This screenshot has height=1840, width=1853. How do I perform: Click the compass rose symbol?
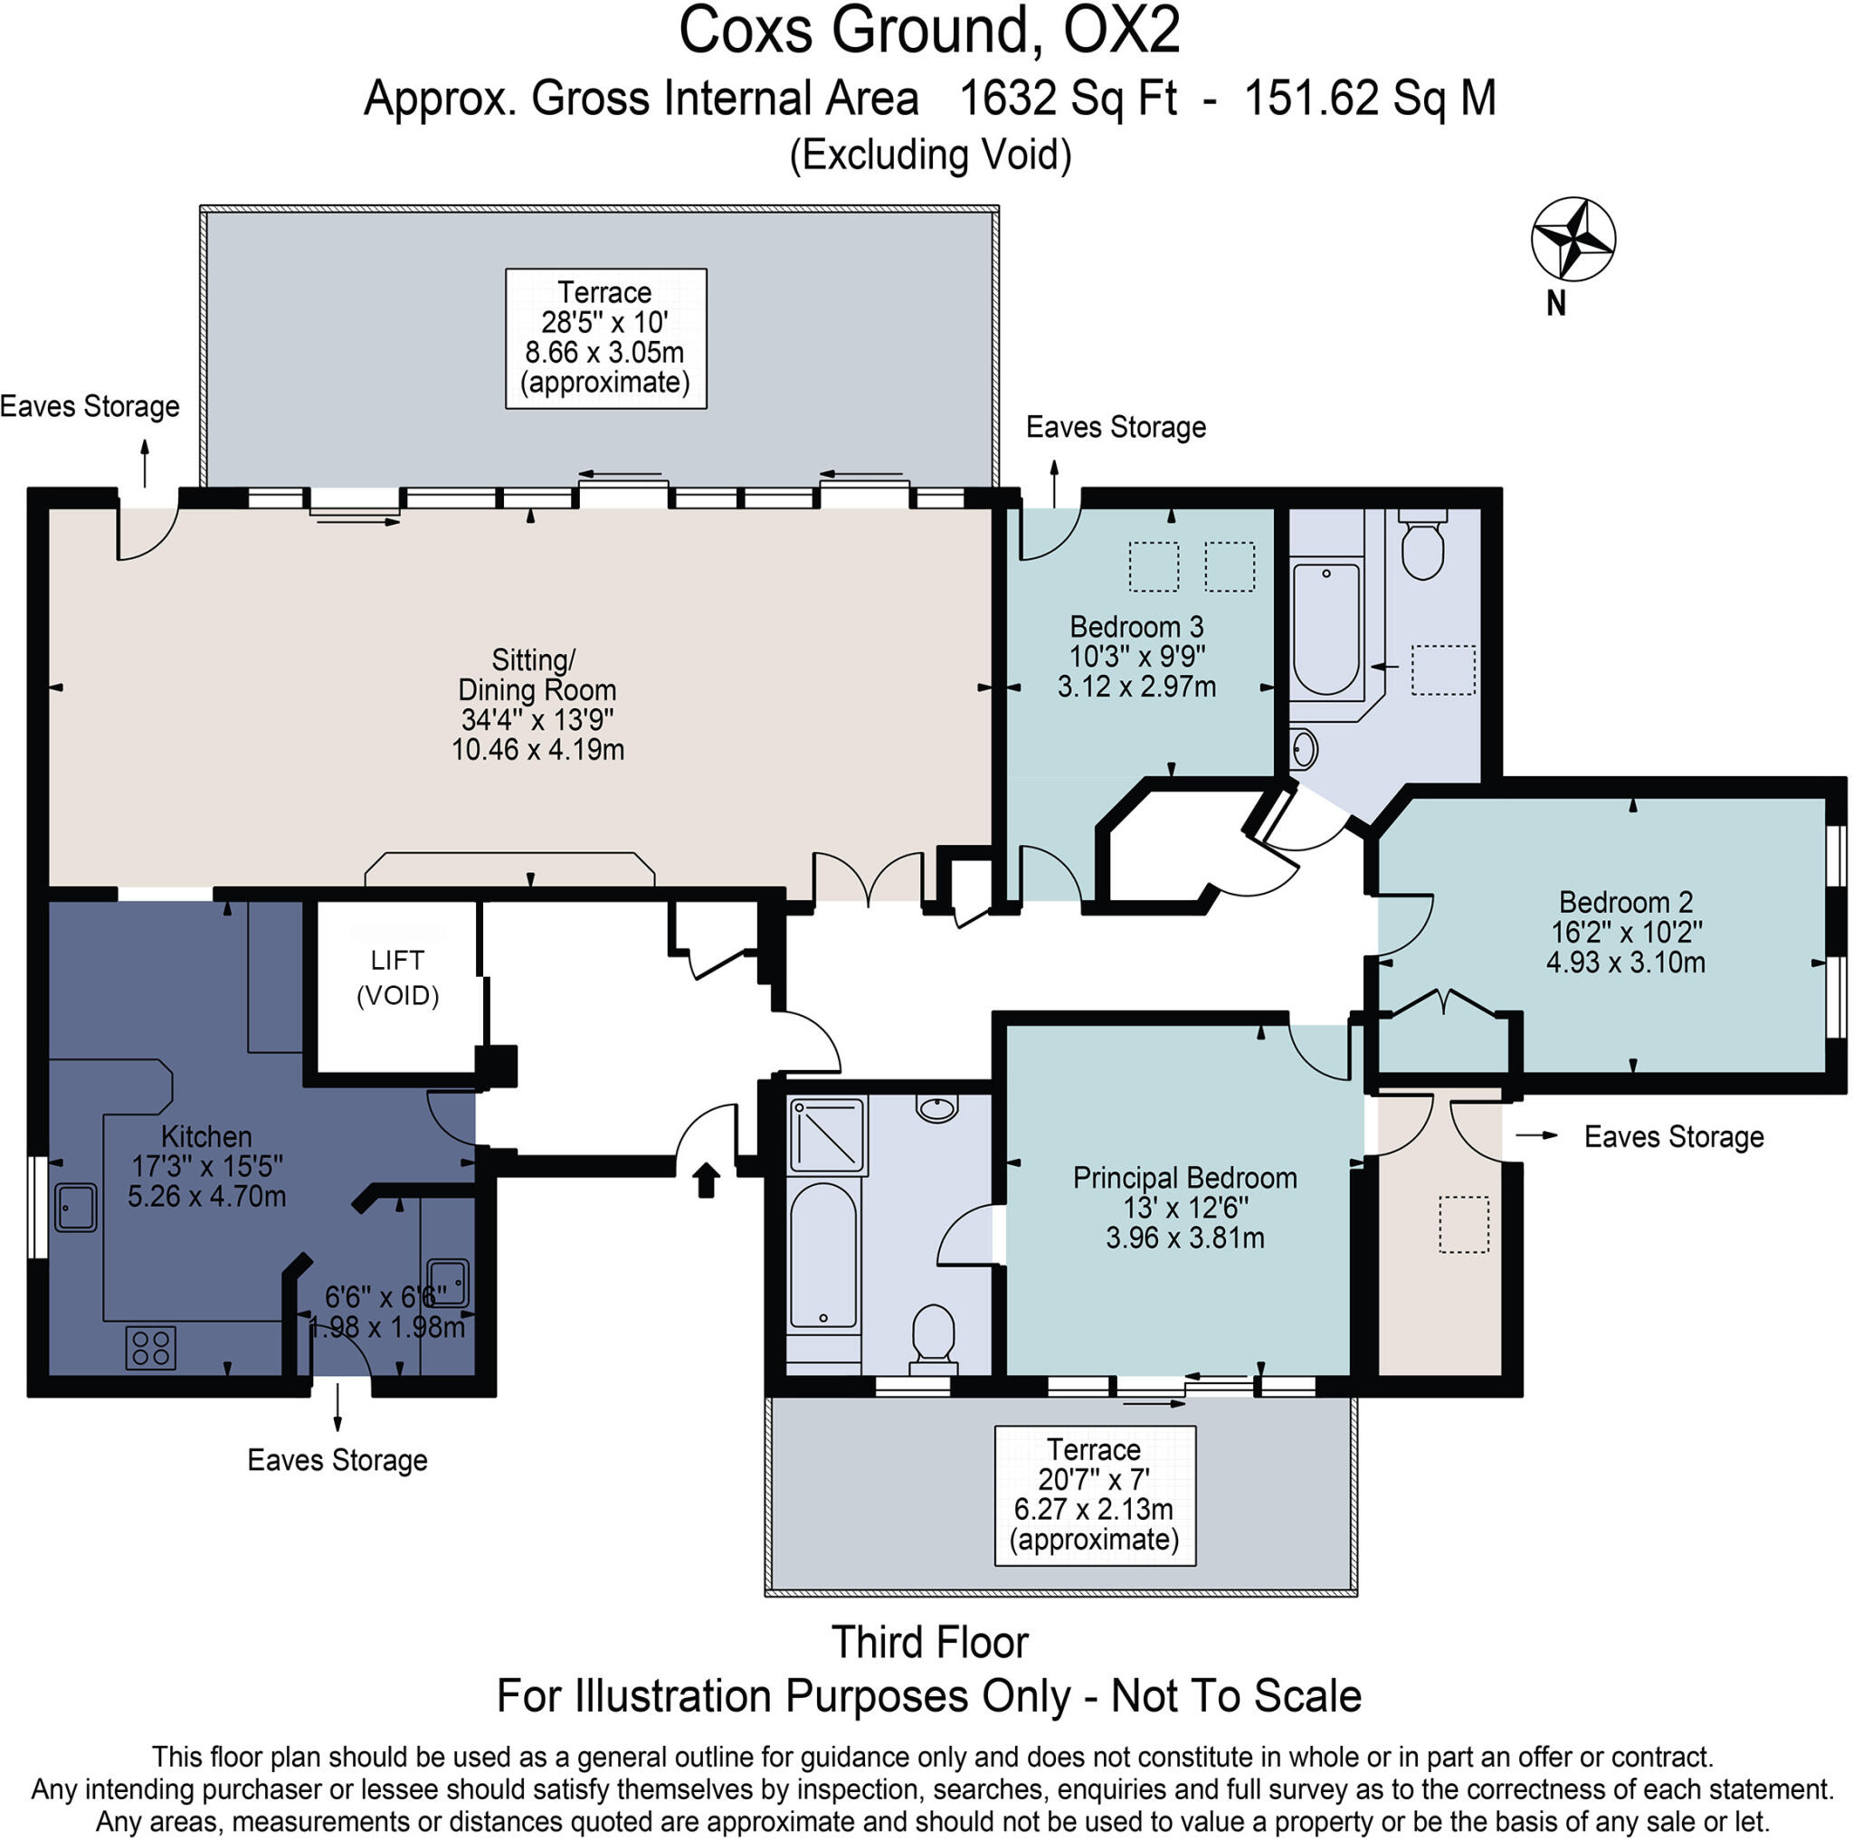click(x=1573, y=240)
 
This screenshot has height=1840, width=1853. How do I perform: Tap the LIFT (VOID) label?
click(x=397, y=978)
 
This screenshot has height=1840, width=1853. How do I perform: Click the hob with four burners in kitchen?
click(x=150, y=1346)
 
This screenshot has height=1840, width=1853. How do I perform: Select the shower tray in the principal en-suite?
click(x=827, y=1136)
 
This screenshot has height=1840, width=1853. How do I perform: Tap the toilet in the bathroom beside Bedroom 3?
click(x=1422, y=546)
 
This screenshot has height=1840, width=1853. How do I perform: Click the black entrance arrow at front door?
click(x=706, y=1180)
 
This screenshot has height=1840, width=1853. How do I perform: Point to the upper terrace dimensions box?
click(x=605, y=337)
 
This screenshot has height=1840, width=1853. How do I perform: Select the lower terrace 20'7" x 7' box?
click(x=1095, y=1494)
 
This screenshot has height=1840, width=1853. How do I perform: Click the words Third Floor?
click(x=928, y=1643)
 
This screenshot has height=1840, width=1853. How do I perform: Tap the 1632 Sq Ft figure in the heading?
click(x=1068, y=98)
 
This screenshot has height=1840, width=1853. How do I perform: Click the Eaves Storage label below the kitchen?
click(x=337, y=1460)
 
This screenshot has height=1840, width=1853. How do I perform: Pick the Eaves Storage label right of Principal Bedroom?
click(x=1674, y=1137)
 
